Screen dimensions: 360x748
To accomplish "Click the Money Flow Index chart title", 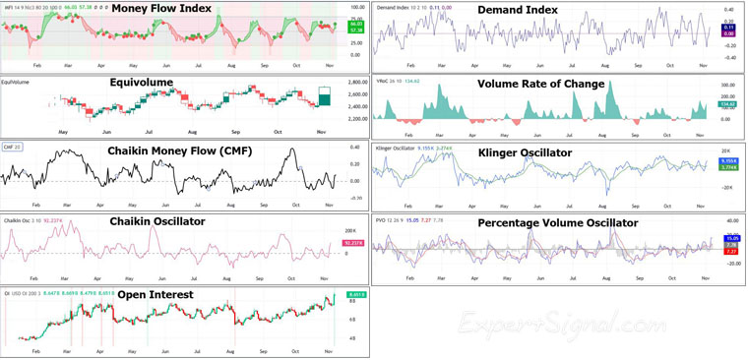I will [x=161, y=9].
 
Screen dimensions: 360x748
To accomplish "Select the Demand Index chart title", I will [x=518, y=10].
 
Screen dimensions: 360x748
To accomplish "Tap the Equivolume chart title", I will [x=142, y=83].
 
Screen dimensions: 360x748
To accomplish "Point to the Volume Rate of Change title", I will [x=540, y=84].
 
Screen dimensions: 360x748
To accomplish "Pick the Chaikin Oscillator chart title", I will [x=157, y=221].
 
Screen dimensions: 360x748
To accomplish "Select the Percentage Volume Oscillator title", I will [x=558, y=222].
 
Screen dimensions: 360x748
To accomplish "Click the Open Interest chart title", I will [x=152, y=294].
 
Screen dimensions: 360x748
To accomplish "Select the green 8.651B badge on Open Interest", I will [x=355, y=294].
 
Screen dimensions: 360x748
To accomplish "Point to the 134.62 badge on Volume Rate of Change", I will [x=727, y=104].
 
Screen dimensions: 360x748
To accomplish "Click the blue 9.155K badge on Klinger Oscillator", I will [x=728, y=160].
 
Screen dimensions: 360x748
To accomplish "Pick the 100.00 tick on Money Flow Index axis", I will [x=357, y=7].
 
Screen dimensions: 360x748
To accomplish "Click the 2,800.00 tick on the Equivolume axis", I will [x=357, y=83].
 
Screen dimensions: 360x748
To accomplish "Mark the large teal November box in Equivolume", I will [x=325, y=98].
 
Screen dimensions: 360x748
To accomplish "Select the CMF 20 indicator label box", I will [x=11, y=147].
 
